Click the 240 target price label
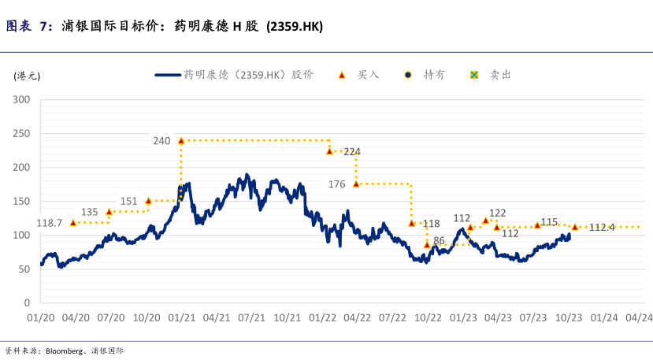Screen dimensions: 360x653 (161, 141)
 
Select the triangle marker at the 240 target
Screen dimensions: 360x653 (181, 141)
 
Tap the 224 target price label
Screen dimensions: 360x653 (352, 151)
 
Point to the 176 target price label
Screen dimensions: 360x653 (336, 184)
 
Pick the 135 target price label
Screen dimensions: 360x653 (90, 212)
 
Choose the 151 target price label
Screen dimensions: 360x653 (128, 201)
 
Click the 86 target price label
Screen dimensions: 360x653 (440, 240)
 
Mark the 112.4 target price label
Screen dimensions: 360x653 (602, 228)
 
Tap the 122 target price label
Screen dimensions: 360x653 (497, 213)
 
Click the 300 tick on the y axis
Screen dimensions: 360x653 (21, 100)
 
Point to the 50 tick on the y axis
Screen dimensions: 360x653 (24, 269)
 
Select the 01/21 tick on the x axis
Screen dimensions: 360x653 (182, 317)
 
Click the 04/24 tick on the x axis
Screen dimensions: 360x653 (639, 317)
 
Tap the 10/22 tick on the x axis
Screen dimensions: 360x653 (428, 317)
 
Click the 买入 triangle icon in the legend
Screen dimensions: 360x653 (342, 75)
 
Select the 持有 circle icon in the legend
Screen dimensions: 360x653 (407, 75)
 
